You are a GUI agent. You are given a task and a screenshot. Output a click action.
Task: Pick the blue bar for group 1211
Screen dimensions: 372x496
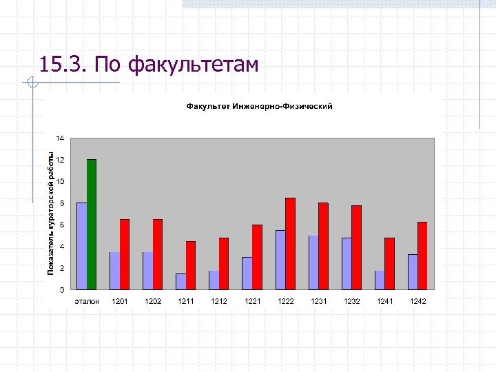pyautogui.click(x=180, y=281)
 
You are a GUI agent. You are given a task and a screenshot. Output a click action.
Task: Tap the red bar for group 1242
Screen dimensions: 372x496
pyautogui.click(x=422, y=256)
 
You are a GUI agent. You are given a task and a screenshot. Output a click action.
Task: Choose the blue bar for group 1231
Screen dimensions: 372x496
pyautogui.click(x=313, y=262)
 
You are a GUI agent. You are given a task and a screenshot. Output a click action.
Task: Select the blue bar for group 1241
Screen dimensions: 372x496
pyautogui.click(x=380, y=280)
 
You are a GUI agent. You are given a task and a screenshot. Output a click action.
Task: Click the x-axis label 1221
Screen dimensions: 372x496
pyautogui.click(x=252, y=301)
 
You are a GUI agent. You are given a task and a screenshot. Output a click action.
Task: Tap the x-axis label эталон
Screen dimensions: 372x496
pyautogui.click(x=87, y=301)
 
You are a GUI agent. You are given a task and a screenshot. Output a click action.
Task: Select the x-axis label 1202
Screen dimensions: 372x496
pyautogui.click(x=153, y=301)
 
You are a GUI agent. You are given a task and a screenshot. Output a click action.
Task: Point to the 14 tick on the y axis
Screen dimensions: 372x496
pyautogui.click(x=61, y=138)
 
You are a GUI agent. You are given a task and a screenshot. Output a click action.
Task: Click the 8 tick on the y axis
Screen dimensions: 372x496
pyautogui.click(x=62, y=203)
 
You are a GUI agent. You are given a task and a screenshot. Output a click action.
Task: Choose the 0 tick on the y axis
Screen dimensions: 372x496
pyautogui.click(x=62, y=289)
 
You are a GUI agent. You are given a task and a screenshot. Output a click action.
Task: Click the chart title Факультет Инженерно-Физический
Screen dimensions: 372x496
pyautogui.click(x=259, y=106)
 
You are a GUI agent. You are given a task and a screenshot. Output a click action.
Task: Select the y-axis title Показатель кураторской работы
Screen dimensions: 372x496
pyautogui.click(x=50, y=214)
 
